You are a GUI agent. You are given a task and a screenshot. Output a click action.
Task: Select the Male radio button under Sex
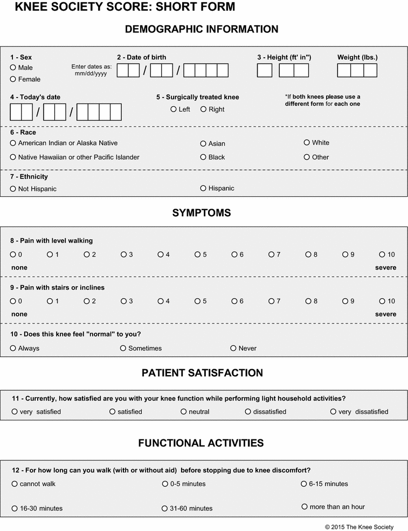[13, 67]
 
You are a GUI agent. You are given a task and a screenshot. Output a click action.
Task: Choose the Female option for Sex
[13, 79]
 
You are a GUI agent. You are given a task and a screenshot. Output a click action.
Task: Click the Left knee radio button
[174, 109]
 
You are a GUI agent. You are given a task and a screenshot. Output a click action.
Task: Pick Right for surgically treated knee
[204, 109]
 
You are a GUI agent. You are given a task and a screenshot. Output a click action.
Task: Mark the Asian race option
[203, 143]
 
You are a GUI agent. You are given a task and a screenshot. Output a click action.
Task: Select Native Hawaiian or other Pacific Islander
[13, 157]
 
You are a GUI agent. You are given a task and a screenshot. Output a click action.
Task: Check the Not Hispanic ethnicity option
[13, 189]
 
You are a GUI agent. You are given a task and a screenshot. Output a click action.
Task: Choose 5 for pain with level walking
[198, 254]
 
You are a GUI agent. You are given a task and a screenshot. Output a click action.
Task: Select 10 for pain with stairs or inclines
[382, 301]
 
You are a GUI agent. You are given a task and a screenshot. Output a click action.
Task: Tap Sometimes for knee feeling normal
[123, 348]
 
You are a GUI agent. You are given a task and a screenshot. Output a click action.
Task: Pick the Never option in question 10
[233, 348]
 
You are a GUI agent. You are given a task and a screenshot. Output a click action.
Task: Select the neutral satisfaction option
[184, 411]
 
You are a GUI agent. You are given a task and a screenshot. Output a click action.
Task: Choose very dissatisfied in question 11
[334, 411]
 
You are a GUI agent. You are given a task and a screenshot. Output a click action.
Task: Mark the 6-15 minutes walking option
[304, 484]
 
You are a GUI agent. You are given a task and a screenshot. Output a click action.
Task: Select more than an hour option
[305, 507]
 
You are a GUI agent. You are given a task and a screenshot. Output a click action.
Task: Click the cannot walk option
[15, 484]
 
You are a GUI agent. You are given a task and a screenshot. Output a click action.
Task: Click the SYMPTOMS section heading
[202, 213]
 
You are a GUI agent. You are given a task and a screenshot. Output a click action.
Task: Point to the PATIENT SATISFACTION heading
[202, 373]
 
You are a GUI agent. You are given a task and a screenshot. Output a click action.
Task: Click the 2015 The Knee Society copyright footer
[359, 527]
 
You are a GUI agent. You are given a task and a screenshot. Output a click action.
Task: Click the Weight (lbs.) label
[357, 57]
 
